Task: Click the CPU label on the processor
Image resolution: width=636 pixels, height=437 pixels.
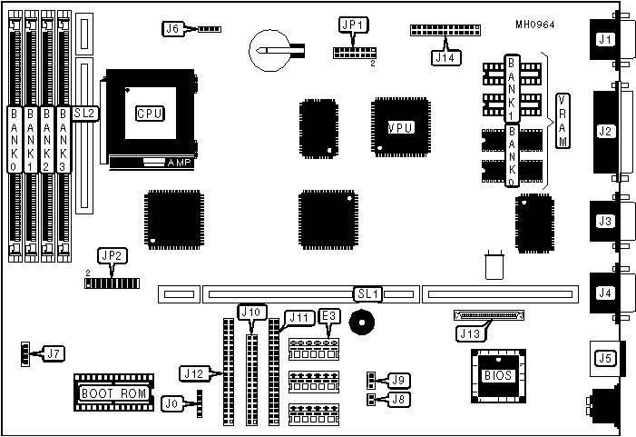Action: point(149,114)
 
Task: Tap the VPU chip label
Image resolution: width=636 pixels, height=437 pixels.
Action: point(400,127)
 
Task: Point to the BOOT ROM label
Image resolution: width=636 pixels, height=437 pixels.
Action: point(112,393)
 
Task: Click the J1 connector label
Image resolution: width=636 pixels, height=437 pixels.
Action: point(604,39)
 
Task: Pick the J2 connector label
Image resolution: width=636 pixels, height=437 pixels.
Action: point(605,131)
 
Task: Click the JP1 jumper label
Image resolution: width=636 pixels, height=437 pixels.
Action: point(349,25)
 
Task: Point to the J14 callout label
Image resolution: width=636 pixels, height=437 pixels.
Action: point(445,57)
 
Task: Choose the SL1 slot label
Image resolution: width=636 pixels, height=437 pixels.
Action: point(368,293)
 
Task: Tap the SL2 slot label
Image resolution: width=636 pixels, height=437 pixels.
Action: point(84,114)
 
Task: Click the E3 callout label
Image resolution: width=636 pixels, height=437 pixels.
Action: point(330,317)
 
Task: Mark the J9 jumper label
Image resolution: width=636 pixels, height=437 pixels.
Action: point(397,379)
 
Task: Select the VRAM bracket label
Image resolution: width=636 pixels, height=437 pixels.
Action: point(563,120)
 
